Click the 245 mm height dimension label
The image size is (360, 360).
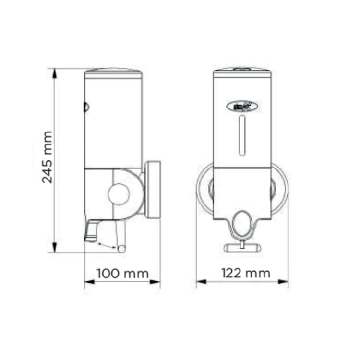coord(47,157)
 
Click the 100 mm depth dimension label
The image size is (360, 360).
coord(122,274)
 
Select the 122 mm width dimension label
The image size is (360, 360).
coord(245,274)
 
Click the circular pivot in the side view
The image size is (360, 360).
coord(119,193)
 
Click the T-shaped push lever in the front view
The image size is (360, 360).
coord(242,247)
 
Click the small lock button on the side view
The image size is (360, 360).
coord(86,107)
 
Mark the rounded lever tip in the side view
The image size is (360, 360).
coord(121,248)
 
